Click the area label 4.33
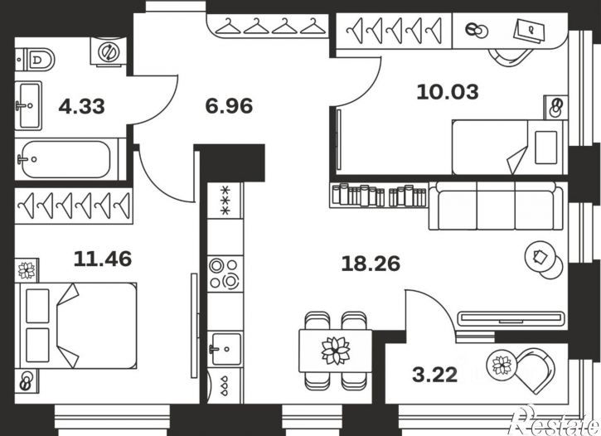pos(81,106)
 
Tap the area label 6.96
pos(229,106)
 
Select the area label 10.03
pos(448,92)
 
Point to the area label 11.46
pos(102,259)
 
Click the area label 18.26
pos(371,264)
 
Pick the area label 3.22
pos(435,375)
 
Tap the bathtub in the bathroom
pos(67,159)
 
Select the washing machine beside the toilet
pos(108,51)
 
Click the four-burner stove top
pos(225,274)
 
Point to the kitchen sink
pos(225,349)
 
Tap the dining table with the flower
pos(336,351)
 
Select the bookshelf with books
pos(378,195)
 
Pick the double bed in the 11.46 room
pos(75,326)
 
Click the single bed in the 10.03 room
pos(509,148)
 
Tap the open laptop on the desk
pos(530,30)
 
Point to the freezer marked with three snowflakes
pos(225,201)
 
